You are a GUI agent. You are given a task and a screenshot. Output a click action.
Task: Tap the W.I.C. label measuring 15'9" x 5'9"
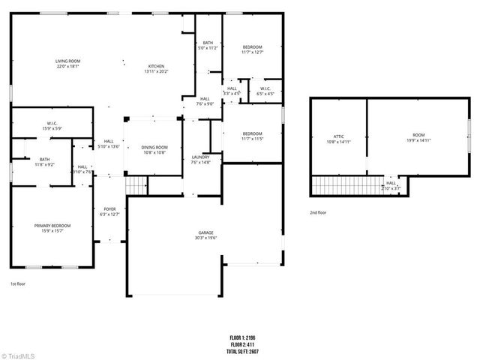point(52,124)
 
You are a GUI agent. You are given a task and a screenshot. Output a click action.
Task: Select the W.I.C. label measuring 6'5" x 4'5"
point(265,90)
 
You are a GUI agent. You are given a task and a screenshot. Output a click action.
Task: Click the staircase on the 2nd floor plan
point(345,184)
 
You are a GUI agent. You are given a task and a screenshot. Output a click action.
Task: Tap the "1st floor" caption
point(19,284)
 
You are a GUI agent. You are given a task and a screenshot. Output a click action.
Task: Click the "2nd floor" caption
point(318,212)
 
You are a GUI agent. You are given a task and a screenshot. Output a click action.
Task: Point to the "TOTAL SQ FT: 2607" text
point(250,352)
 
